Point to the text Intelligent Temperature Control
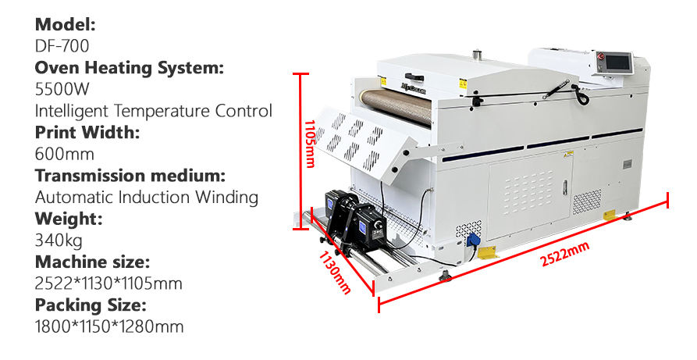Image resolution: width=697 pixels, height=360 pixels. [154, 110]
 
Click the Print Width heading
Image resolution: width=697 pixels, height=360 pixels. [87, 132]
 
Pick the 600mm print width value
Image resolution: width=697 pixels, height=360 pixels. [65, 154]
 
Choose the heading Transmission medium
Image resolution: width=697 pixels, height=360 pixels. [130, 175]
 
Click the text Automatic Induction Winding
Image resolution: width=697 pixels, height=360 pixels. [147, 197]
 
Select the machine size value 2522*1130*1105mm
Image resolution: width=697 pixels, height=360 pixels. [108, 283]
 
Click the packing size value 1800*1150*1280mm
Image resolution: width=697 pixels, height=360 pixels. [109, 326]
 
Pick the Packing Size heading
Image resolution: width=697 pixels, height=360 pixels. [91, 305]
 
